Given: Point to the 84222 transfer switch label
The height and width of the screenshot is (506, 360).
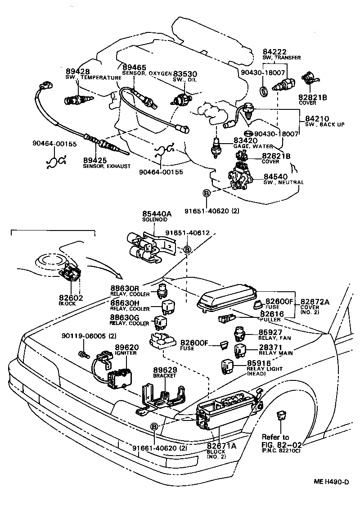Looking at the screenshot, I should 275,52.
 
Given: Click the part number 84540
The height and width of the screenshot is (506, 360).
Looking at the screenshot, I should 275,177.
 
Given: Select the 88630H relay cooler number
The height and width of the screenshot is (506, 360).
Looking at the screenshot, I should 125,303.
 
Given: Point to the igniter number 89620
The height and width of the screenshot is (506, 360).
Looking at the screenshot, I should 126,348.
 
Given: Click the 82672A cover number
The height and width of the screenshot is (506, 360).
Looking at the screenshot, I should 315,302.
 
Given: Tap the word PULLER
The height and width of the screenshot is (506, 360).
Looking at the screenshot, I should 270,319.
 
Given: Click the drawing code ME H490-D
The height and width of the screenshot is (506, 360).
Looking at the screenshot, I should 331,482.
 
